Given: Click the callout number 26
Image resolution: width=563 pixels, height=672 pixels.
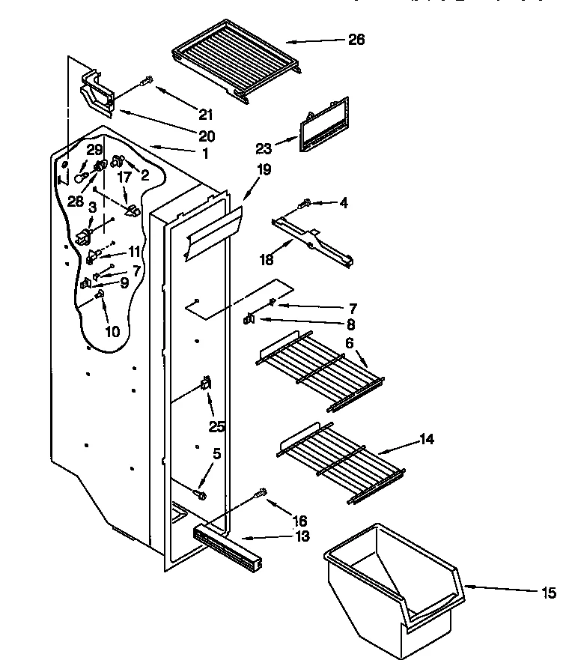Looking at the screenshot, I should tap(356, 40).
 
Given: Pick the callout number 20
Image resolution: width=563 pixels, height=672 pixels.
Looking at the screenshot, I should tap(207, 136).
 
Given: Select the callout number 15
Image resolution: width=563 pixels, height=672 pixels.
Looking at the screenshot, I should tap(550, 594).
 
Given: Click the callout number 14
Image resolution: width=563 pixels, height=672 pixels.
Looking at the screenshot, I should tap(427, 439).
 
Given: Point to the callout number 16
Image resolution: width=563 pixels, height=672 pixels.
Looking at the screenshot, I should tap(299, 520).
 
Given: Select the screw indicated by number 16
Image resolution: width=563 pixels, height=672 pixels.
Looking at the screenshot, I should tap(262, 493).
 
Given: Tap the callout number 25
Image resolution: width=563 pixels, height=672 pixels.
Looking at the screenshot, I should tap(216, 426).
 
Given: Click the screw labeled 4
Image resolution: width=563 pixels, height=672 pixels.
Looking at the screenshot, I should tap(305, 202).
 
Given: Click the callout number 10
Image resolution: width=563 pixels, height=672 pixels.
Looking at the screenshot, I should tap(112, 330).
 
